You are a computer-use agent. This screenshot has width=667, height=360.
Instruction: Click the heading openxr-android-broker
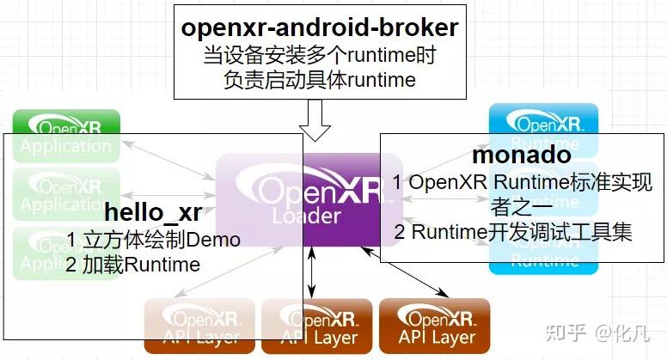pyautogui.click(x=319, y=27)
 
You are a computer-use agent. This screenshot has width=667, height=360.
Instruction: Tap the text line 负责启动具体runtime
pyautogui.click(x=319, y=81)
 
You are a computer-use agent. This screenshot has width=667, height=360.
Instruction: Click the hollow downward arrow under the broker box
pyautogui.click(x=319, y=119)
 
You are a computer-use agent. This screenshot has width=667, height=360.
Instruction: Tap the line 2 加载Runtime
pyautogui.click(x=132, y=265)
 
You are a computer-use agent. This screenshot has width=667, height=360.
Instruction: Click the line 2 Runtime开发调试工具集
pyautogui.click(x=513, y=232)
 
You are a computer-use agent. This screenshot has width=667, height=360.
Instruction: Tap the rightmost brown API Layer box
pyautogui.click(x=434, y=326)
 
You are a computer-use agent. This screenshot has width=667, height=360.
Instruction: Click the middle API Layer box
pyautogui.click(x=316, y=326)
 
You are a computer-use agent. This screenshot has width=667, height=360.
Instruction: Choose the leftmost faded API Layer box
pyautogui.click(x=199, y=326)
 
